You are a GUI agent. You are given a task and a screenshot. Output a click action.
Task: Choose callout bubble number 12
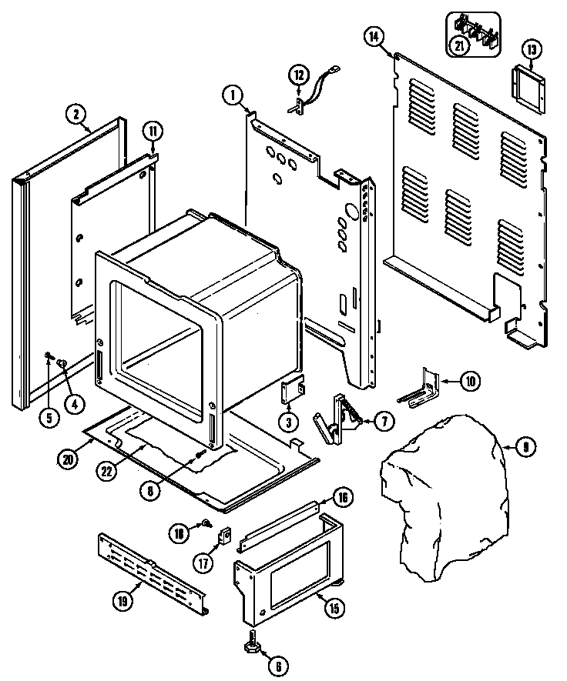(x=299, y=75)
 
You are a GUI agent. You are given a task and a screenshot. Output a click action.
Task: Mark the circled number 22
(x=107, y=472)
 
